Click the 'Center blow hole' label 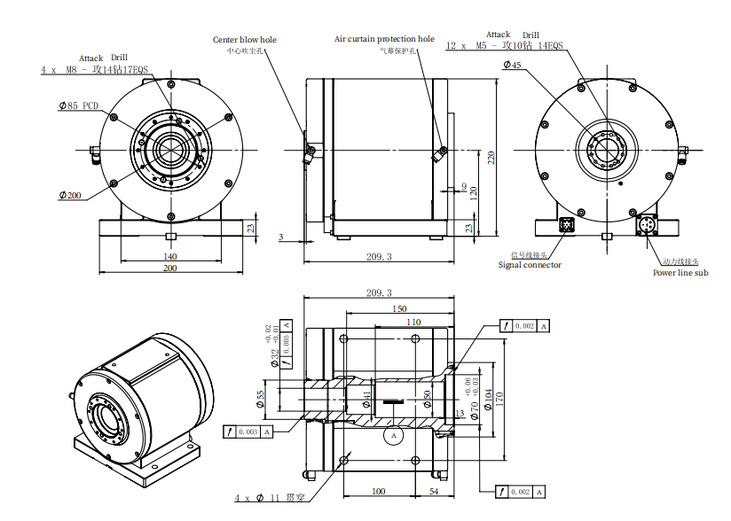point(244,39)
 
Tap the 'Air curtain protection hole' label point(384,39)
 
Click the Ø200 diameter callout point(70,194)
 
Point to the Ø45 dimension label point(512,65)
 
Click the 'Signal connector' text point(529,264)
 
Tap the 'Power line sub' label point(680,273)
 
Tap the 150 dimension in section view point(399,308)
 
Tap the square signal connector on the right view point(567,225)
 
